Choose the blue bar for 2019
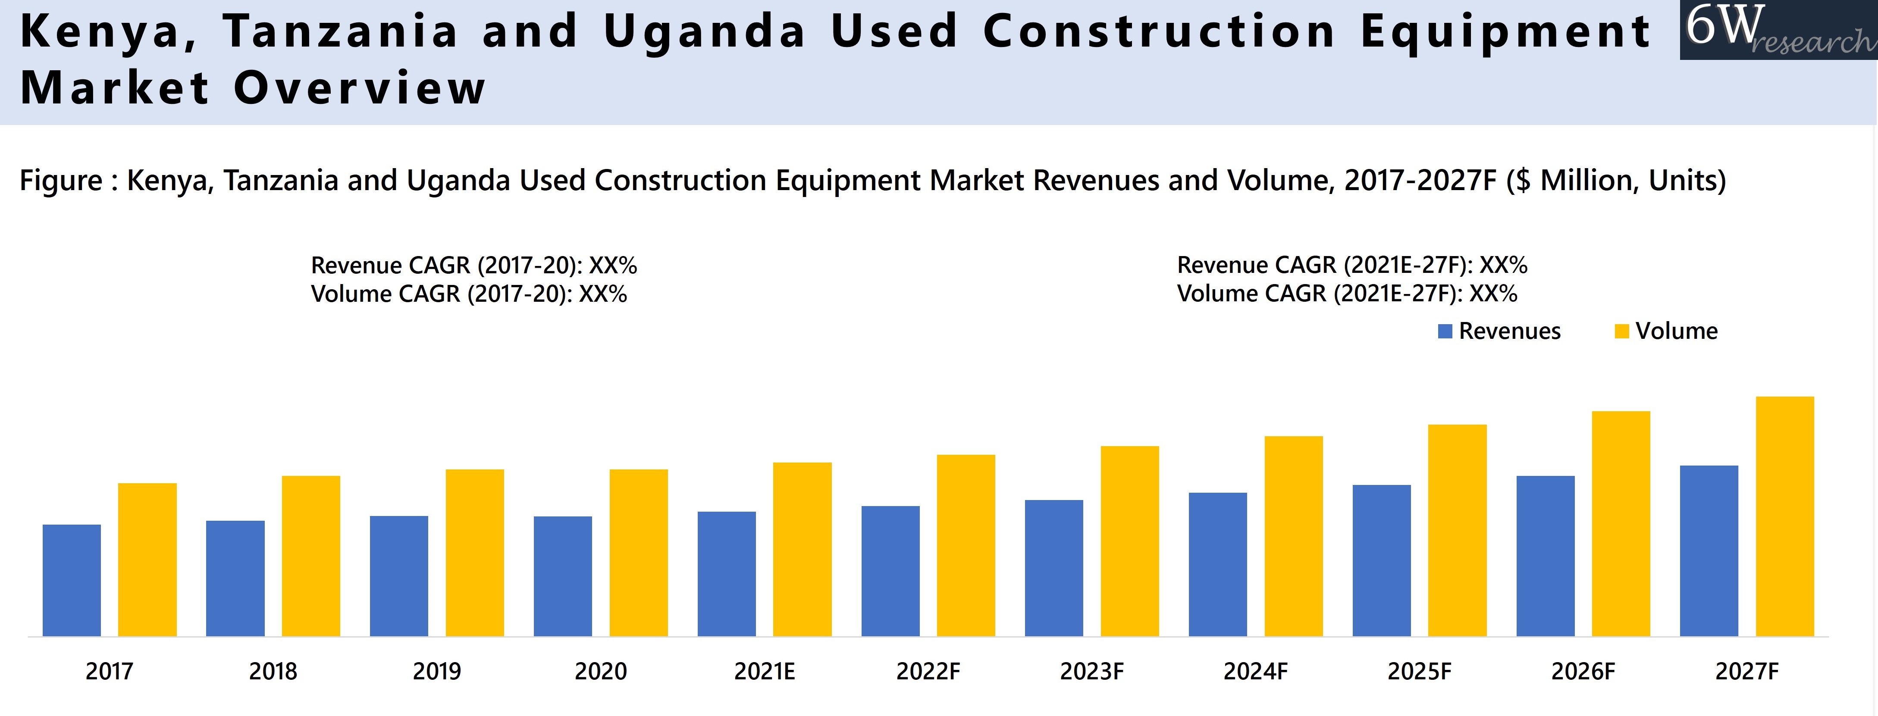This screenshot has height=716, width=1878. pos(399,576)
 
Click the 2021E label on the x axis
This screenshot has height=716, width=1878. pos(764,671)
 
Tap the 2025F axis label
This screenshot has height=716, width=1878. pos(1419,671)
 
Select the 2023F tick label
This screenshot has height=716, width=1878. pos(1091,671)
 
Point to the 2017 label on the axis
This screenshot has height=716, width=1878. pos(110,671)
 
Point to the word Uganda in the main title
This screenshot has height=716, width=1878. pos(704,31)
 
